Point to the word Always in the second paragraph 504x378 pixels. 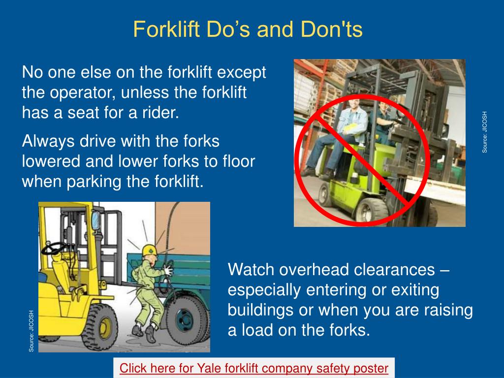(47, 142)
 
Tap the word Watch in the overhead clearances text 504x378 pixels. (251, 270)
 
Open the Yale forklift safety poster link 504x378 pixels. (254, 368)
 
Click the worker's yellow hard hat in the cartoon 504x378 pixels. (150, 250)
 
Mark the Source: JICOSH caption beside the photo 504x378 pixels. (484, 132)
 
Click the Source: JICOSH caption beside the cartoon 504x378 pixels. (31, 330)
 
